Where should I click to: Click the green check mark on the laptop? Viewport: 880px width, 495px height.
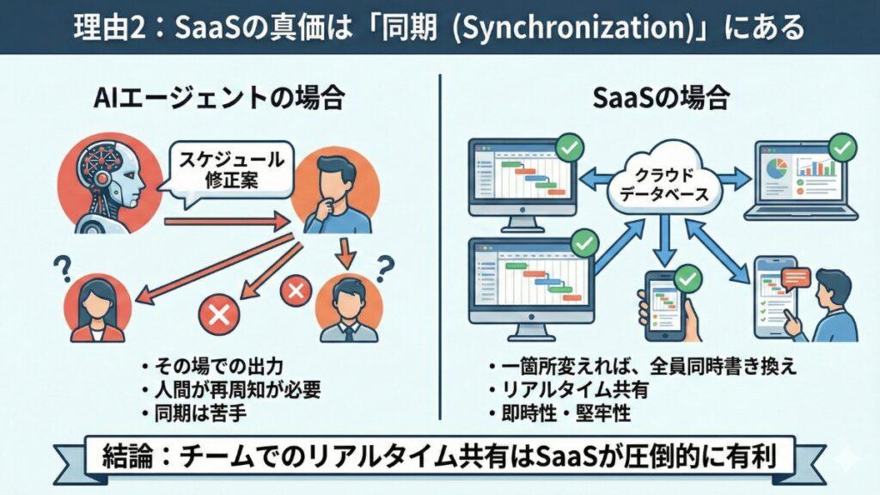click(x=845, y=147)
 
